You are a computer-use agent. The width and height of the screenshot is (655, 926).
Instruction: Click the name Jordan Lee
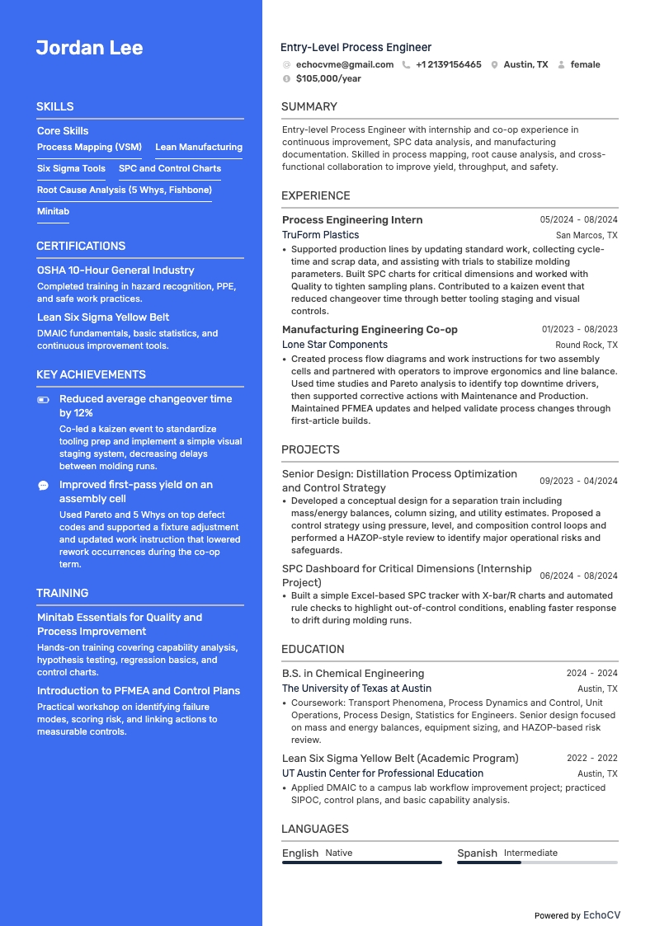[89, 48]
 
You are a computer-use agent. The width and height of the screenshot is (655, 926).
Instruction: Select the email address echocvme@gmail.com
[344, 64]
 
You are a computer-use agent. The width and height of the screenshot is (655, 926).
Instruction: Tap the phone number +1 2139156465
[448, 64]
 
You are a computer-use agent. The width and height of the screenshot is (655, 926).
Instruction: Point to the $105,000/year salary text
[328, 78]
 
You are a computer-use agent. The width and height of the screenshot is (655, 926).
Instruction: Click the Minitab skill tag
[53, 211]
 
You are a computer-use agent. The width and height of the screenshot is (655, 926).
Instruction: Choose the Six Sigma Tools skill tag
[71, 168]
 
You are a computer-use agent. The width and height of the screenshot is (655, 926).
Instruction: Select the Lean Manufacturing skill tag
[199, 147]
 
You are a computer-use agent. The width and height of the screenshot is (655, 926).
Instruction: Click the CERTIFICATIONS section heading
[81, 246]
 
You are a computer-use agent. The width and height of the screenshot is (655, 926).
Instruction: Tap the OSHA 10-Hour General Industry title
[115, 270]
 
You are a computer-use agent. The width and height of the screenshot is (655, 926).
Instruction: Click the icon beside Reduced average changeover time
[44, 399]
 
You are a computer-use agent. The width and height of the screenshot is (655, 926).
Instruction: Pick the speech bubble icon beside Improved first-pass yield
[44, 486]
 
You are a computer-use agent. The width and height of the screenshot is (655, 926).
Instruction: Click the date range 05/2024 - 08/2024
[578, 220]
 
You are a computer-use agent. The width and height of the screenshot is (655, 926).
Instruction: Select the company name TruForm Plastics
[320, 235]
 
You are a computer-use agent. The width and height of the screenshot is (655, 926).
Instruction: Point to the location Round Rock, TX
[586, 345]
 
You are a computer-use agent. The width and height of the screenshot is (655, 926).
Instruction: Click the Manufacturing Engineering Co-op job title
[370, 329]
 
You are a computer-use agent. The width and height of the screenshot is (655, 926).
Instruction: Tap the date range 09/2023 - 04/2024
[578, 481]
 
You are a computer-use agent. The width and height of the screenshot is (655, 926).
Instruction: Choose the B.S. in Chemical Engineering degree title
[353, 673]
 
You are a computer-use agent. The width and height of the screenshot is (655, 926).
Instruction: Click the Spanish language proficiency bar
[537, 863]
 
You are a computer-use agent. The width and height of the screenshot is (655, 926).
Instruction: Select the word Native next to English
[338, 853]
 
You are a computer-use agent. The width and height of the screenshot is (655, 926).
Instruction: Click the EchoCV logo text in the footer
[601, 915]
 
